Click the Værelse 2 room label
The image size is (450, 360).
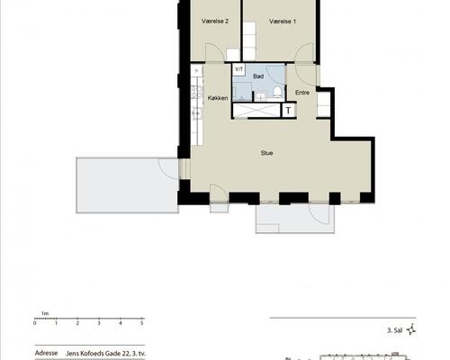[x=215, y=21]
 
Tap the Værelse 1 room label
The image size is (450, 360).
[x=283, y=22]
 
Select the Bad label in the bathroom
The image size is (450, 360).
[x=258, y=76]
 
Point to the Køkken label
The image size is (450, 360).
[x=218, y=98]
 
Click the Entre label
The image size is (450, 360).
[x=302, y=93]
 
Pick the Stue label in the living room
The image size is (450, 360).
[x=266, y=153]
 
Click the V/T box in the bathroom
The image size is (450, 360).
[x=239, y=69]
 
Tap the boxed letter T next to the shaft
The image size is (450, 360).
[x=288, y=111]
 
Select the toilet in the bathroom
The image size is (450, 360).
[x=277, y=92]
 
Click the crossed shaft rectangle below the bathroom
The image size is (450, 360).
[x=256, y=111]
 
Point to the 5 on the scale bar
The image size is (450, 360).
[x=142, y=323]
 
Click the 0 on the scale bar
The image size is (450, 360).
[x=35, y=323]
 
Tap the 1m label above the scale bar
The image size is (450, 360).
[x=45, y=313]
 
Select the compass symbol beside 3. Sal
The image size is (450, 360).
[x=411, y=329]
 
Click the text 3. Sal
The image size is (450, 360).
[x=394, y=330]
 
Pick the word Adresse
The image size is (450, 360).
[x=46, y=353]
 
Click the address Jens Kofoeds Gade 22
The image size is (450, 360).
[x=98, y=354]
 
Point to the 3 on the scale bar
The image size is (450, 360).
[x=99, y=323]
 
